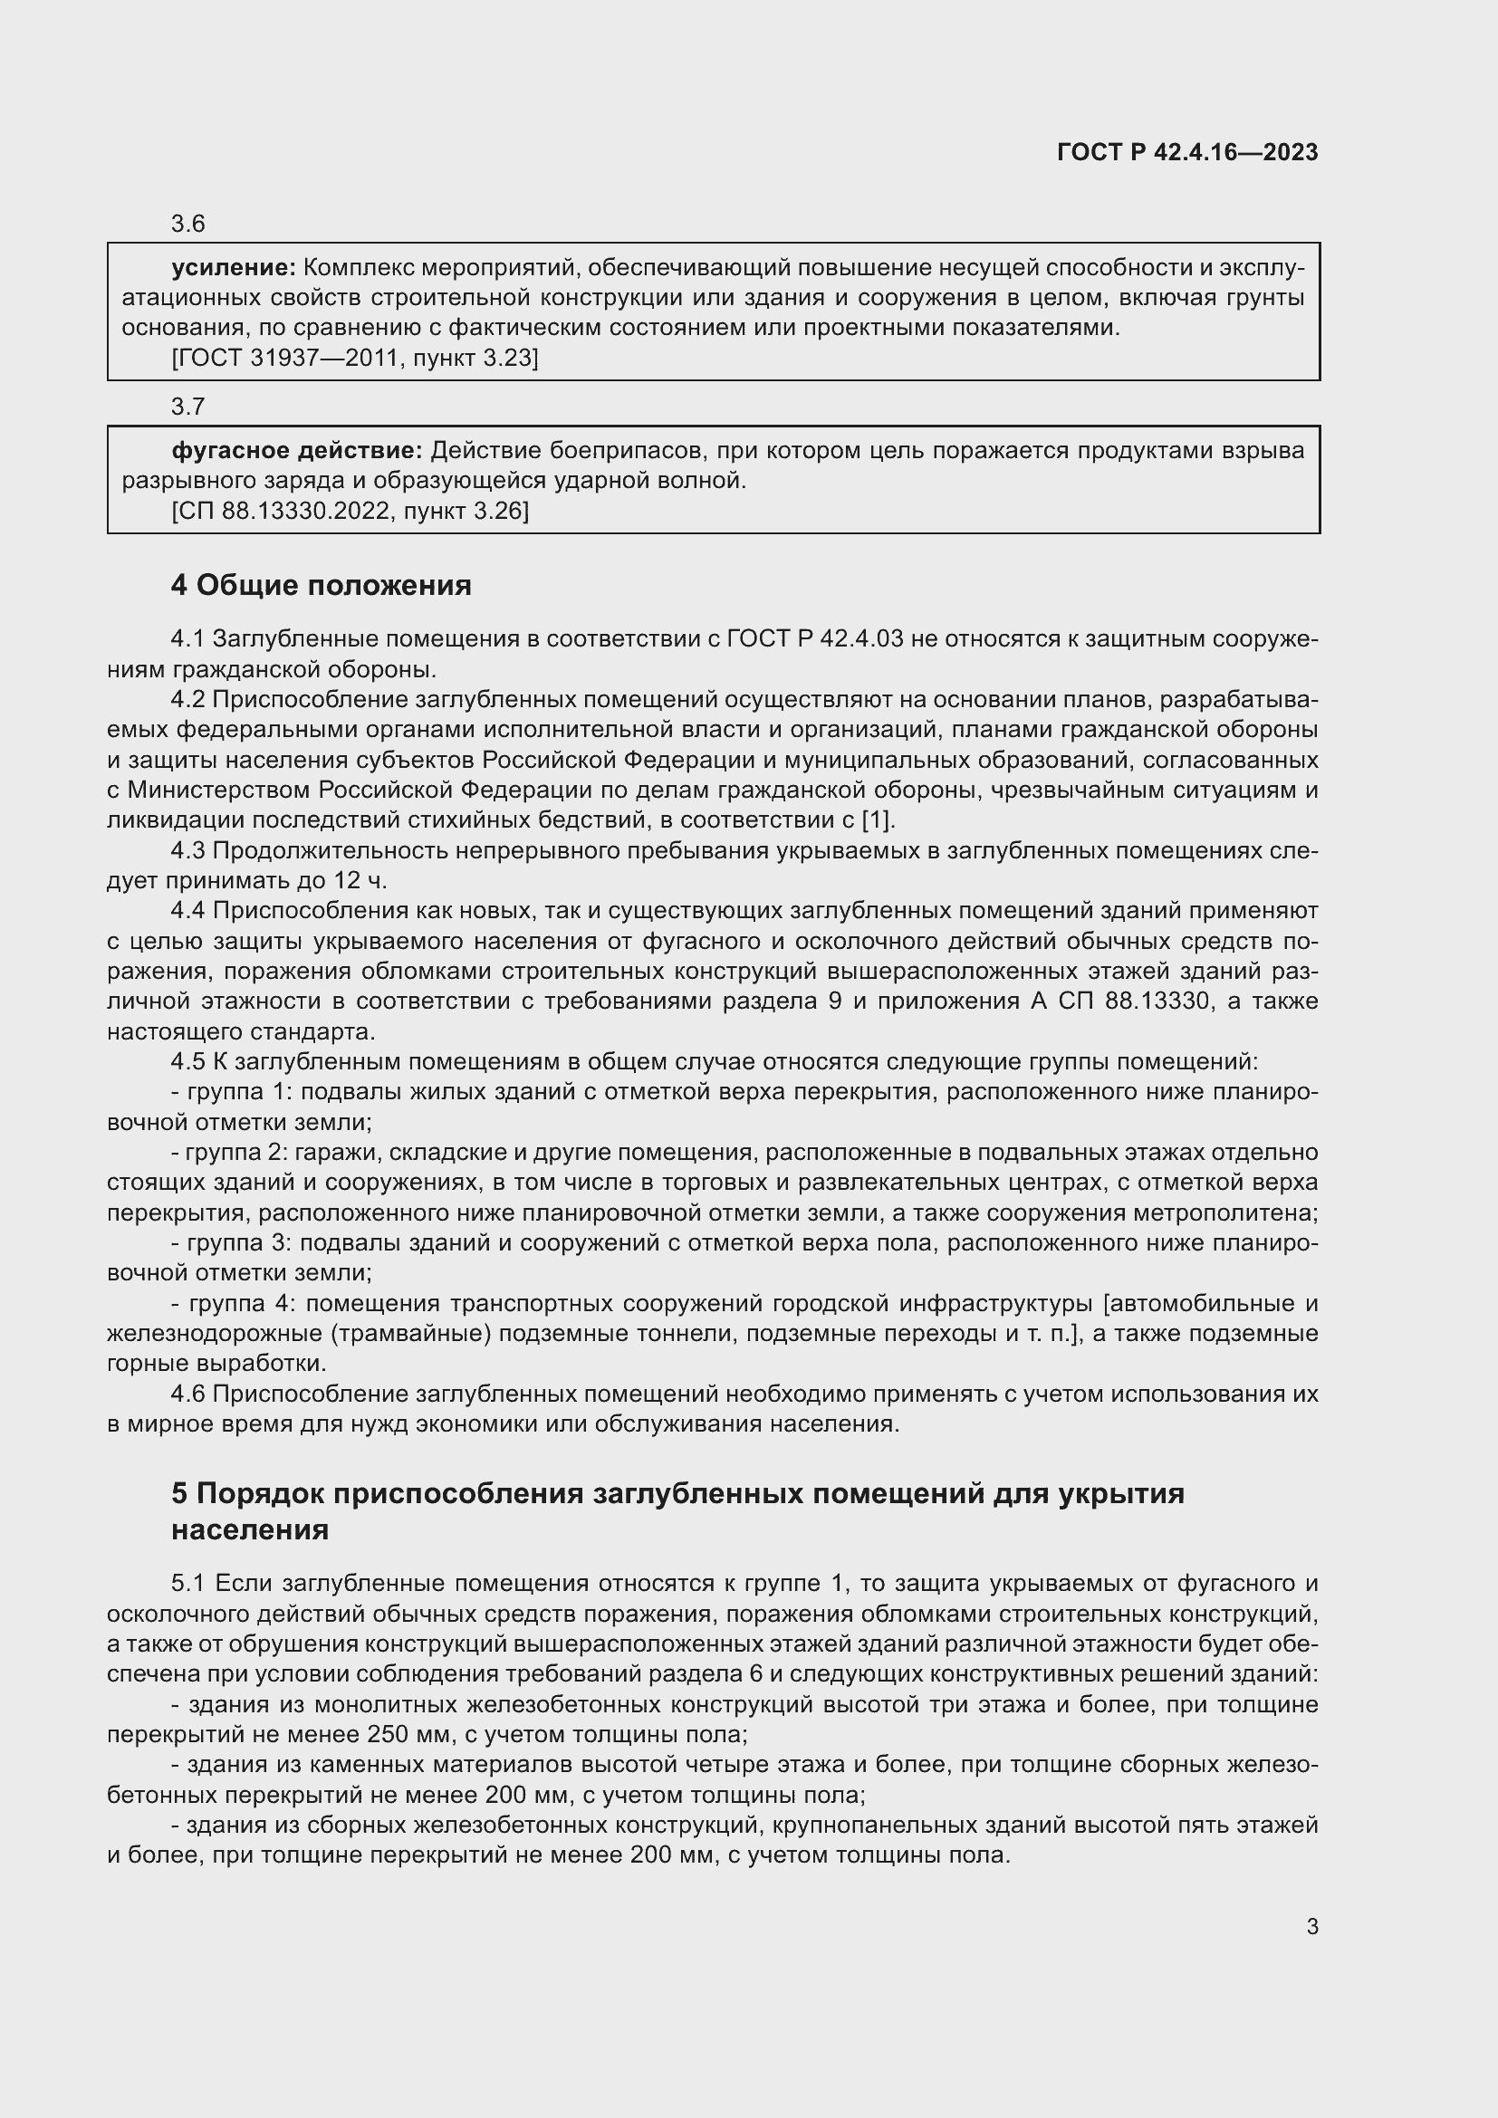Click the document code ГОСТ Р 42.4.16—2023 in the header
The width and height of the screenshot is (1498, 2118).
click(1187, 152)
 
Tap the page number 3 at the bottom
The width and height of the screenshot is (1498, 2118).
click(1311, 1926)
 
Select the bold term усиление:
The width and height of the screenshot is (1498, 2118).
click(234, 267)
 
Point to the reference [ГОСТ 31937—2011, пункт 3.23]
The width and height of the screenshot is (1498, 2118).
click(354, 358)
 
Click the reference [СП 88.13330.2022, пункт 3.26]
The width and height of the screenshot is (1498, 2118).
click(350, 510)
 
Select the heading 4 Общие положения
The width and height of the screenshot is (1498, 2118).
click(321, 585)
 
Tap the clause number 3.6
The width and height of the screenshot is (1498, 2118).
click(187, 224)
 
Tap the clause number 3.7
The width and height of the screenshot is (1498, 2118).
click(187, 406)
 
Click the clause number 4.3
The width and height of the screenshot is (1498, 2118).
click(188, 850)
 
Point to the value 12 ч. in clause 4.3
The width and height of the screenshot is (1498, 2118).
click(360, 881)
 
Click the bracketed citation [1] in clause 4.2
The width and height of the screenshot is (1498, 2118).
click(878, 820)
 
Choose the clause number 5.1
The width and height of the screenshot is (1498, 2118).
click(188, 1583)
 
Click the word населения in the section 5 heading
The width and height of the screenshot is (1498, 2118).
click(250, 1529)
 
